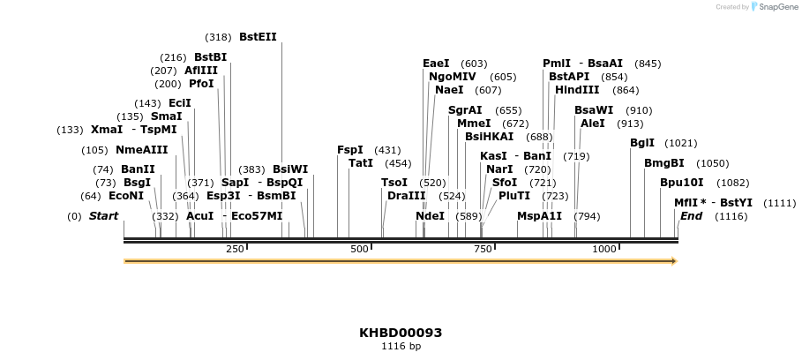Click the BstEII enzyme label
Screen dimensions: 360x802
(258, 37)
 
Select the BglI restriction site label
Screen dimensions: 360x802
(642, 143)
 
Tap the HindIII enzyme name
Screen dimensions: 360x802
(578, 90)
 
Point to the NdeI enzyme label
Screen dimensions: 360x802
(430, 216)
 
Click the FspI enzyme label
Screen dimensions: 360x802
(350, 150)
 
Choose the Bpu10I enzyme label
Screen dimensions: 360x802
(682, 183)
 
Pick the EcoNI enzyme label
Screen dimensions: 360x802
(126, 196)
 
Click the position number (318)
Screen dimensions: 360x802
(218, 37)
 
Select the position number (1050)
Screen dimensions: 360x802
(712, 163)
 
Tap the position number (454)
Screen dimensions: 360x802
(398, 163)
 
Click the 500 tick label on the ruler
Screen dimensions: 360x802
(359, 249)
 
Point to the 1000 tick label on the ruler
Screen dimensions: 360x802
(604, 249)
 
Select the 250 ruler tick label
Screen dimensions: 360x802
(235, 249)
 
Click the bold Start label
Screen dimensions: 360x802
(103, 216)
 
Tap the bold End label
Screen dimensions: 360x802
(691, 216)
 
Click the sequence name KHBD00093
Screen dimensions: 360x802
(401, 333)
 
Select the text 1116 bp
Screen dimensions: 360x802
(401, 346)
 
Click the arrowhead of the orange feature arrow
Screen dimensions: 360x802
(673, 261)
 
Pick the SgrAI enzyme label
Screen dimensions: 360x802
(465, 110)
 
